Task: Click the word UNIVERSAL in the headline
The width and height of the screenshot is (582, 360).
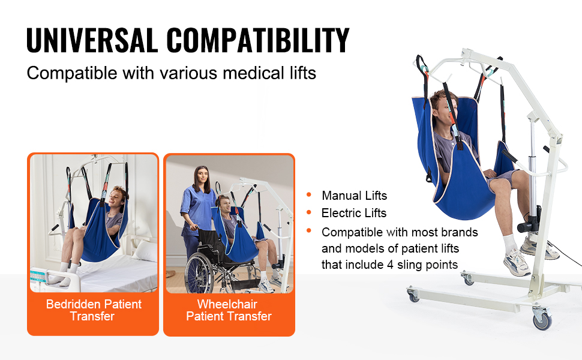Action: pos(92,40)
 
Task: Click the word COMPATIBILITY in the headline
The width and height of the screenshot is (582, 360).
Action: pos(258,40)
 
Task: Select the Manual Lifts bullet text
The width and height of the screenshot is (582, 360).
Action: pos(354,195)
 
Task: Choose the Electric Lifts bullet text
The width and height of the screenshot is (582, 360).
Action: pos(354,213)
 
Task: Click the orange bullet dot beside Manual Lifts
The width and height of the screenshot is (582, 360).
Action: pos(309,194)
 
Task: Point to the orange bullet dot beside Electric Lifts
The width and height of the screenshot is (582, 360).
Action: pos(309,212)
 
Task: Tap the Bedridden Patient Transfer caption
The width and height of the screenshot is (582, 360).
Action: pos(94,310)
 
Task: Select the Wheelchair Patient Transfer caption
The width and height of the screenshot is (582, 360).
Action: pos(229,310)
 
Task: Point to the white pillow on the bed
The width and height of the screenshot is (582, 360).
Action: pos(146,251)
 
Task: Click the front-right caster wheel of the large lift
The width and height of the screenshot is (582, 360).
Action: pos(542,319)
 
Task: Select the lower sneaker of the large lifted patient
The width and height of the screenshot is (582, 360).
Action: pos(517,262)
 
